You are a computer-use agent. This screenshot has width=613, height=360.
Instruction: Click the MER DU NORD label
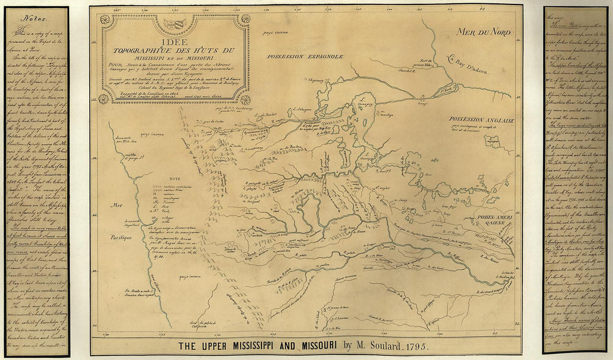point(483,32)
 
